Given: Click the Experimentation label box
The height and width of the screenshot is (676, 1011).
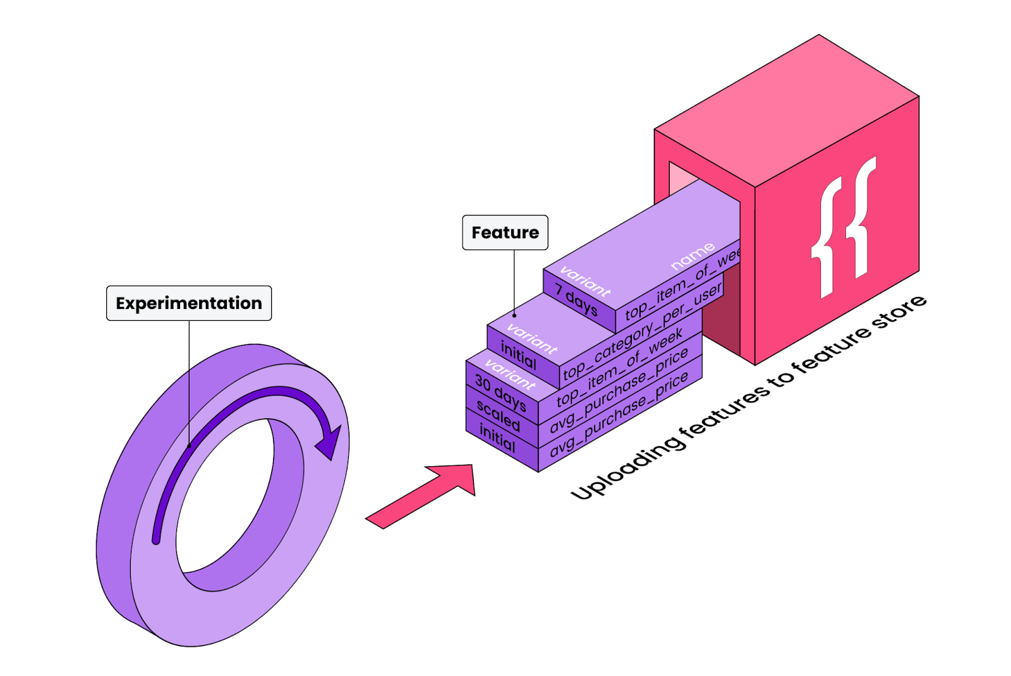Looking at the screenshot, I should tap(189, 303).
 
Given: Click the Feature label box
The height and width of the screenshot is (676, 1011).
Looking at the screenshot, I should tap(505, 232).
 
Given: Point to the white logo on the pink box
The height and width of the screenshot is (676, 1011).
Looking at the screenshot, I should tap(844, 228).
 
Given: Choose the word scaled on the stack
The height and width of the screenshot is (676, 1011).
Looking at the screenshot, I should tap(498, 416).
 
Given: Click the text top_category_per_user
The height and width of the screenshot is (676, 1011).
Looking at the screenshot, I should tap(642, 332).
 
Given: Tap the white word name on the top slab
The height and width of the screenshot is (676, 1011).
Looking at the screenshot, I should tap(693, 255).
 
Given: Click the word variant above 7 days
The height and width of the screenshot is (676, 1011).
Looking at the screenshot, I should tap(585, 282).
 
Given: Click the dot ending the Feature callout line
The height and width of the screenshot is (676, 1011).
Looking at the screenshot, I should tap(514, 315).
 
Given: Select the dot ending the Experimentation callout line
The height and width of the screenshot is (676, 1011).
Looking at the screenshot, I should tap(189, 446).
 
